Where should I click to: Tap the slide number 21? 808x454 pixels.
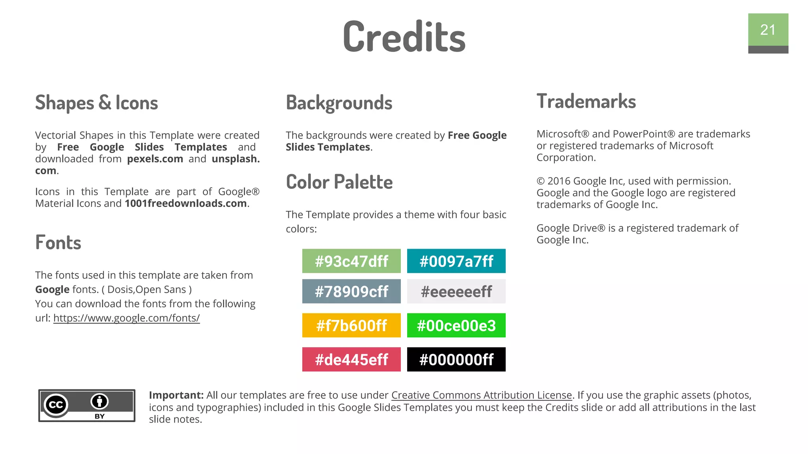[768, 30]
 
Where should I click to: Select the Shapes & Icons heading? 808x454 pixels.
[97, 103]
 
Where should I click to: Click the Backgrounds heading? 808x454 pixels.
[339, 103]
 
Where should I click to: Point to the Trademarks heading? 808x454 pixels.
[586, 101]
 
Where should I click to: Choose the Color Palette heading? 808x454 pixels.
[339, 182]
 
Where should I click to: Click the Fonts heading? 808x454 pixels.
[58, 242]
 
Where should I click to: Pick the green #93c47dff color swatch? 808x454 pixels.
[351, 261]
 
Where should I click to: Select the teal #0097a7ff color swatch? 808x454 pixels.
[456, 261]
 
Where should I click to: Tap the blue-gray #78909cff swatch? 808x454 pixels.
[351, 291]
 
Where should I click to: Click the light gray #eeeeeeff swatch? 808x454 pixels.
[456, 291]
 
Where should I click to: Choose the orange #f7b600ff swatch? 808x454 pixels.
[351, 326]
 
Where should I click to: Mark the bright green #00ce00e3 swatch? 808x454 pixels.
[456, 326]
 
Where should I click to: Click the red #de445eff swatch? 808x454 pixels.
[351, 359]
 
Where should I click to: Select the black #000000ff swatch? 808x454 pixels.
[456, 359]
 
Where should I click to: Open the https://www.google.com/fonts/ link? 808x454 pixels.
[126, 318]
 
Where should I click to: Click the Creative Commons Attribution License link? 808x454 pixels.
[481, 395]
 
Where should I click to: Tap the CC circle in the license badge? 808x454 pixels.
[56, 405]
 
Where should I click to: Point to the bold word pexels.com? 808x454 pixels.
[155, 159]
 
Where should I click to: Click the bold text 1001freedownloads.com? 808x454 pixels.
[186, 203]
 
